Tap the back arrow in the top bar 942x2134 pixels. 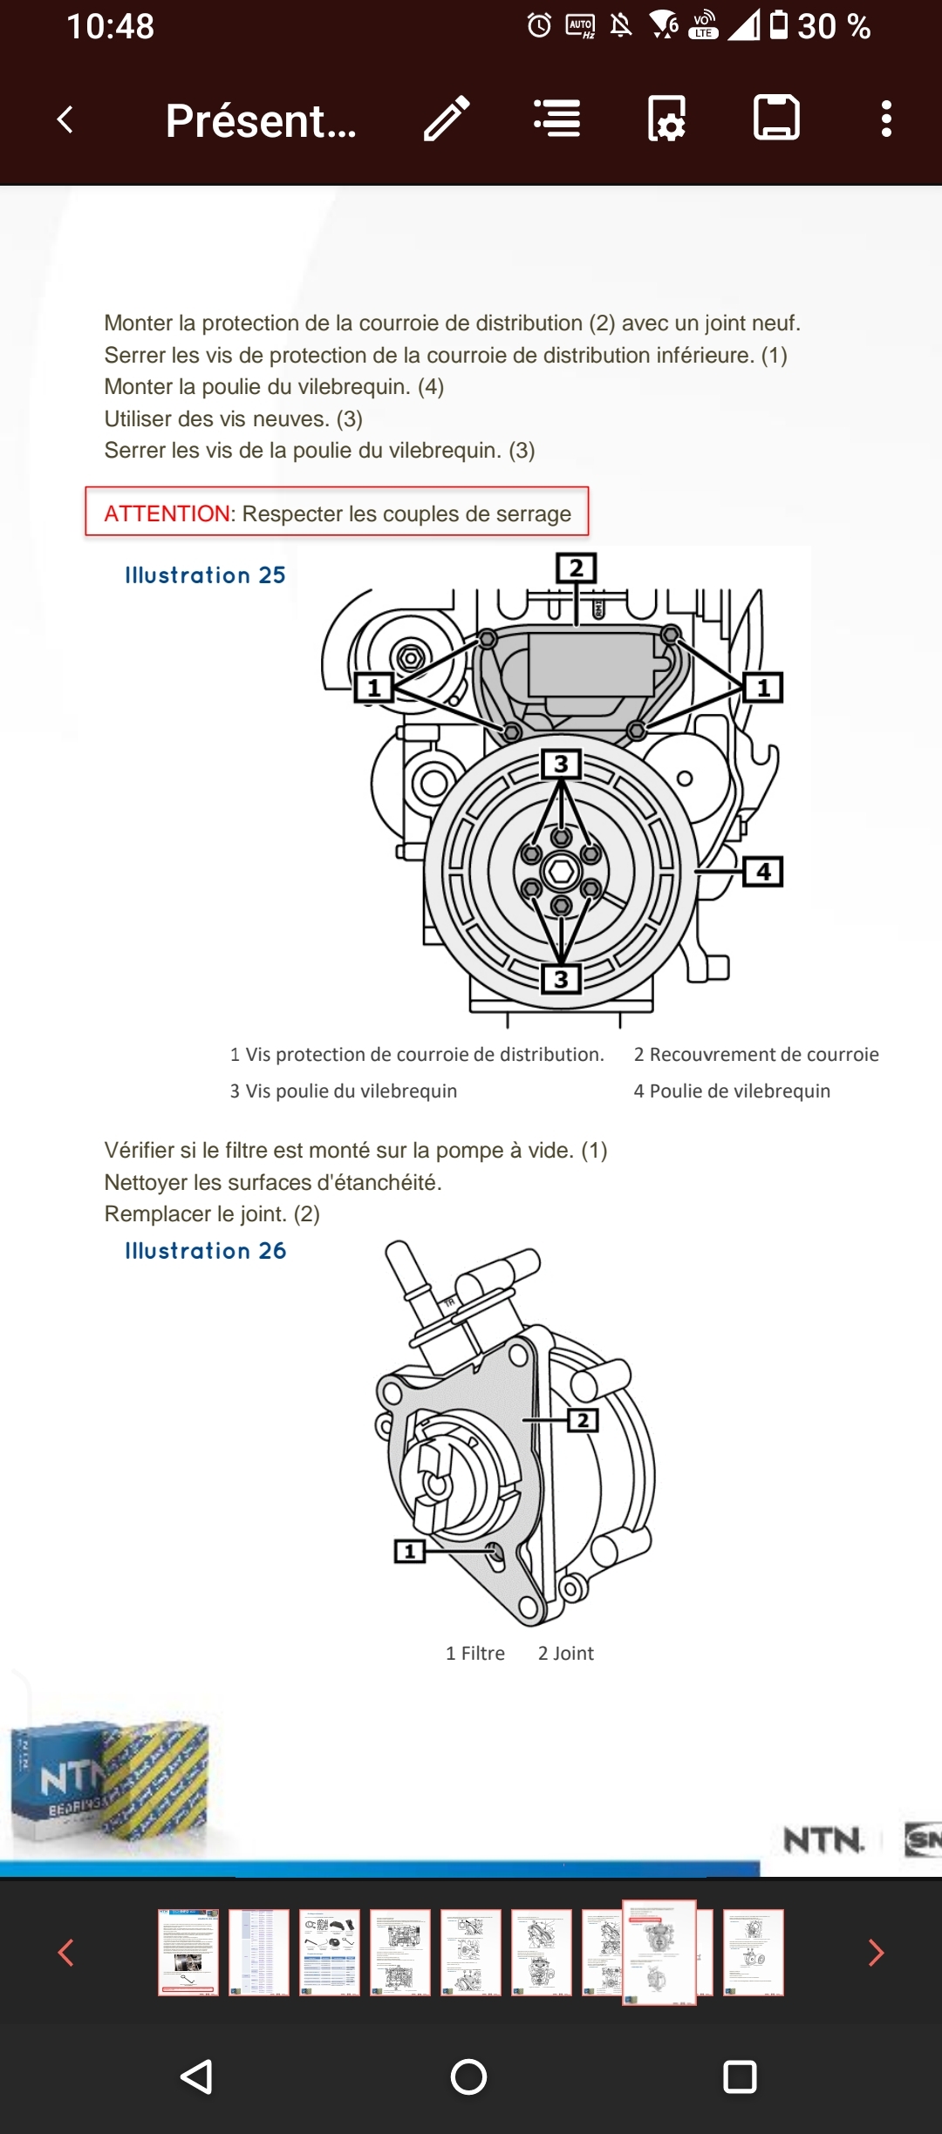pyautogui.click(x=65, y=119)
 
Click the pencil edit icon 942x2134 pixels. pyautogui.click(x=447, y=119)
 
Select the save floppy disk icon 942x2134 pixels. pyautogui.click(x=776, y=118)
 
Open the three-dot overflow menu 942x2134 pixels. pyautogui.click(x=886, y=119)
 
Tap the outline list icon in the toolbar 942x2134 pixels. pyautogui.click(x=557, y=119)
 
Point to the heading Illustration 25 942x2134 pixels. pyautogui.click(x=205, y=575)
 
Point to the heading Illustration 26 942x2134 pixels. pyautogui.click(x=205, y=1251)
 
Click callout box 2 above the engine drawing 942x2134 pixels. pyautogui.click(x=576, y=568)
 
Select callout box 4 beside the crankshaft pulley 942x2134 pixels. pyautogui.click(x=763, y=871)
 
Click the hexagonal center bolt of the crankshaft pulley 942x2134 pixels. pyautogui.click(x=561, y=871)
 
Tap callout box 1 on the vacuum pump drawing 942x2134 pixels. pyautogui.click(x=409, y=1551)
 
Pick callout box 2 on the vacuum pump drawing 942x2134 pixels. pyautogui.click(x=583, y=1420)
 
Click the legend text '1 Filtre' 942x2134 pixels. pyautogui.click(x=475, y=1654)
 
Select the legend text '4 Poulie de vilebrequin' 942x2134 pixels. pyautogui.click(x=732, y=1091)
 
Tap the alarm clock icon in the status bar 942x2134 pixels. pyautogui.click(x=539, y=26)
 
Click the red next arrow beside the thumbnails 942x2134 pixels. pyautogui.click(x=876, y=1953)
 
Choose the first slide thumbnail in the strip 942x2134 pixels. pyautogui.click(x=188, y=1952)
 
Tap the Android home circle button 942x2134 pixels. pyautogui.click(x=468, y=2076)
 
